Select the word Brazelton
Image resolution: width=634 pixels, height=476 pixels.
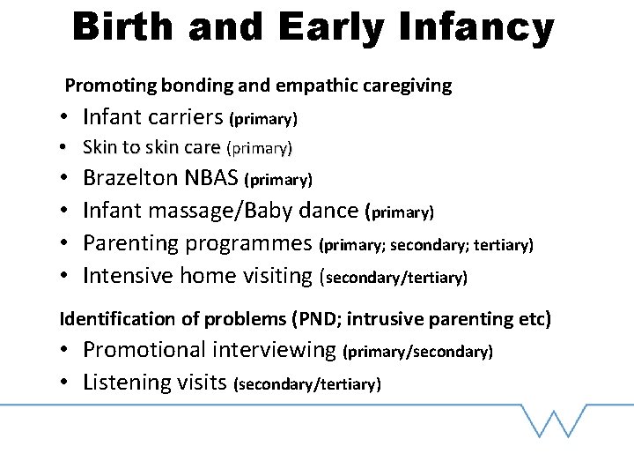131,179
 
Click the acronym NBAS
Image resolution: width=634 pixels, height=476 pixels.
212,179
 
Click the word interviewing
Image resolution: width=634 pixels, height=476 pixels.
274,350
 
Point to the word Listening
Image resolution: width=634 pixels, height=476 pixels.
122,383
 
